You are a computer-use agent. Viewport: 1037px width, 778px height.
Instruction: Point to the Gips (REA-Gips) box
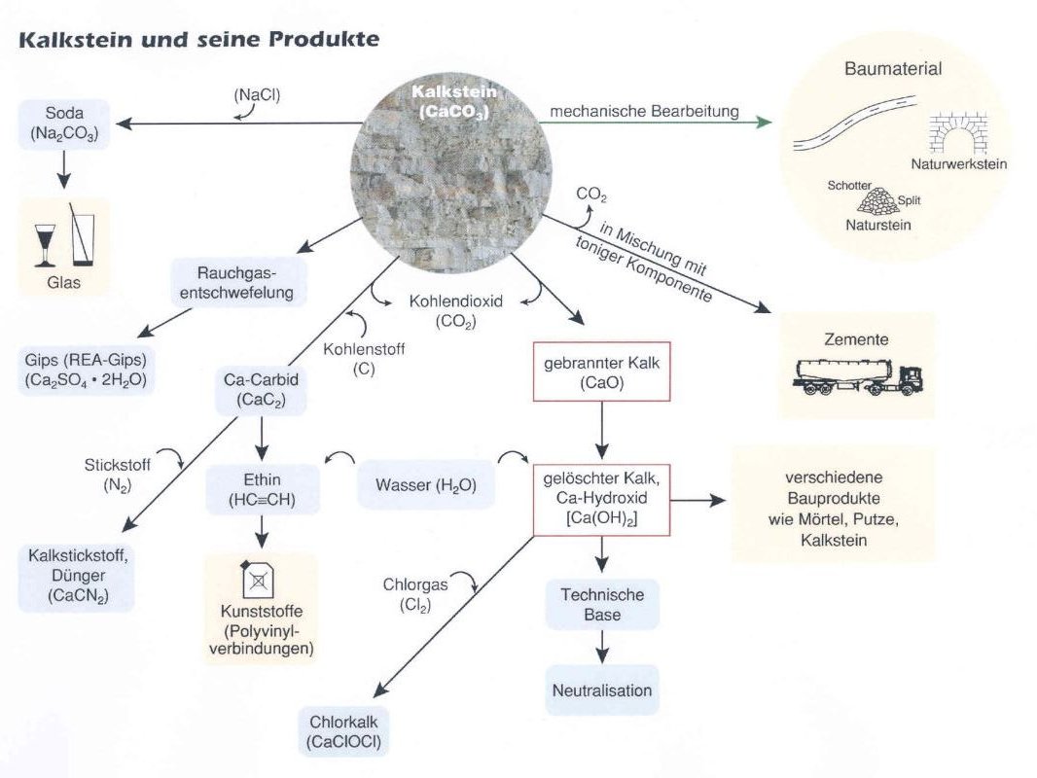tap(86, 371)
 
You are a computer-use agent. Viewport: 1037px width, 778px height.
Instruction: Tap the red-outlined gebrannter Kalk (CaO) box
tap(600, 371)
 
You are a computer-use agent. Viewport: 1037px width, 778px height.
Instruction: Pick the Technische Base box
tap(603, 604)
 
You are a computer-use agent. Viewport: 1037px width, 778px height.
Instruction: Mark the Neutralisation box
tap(602, 690)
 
